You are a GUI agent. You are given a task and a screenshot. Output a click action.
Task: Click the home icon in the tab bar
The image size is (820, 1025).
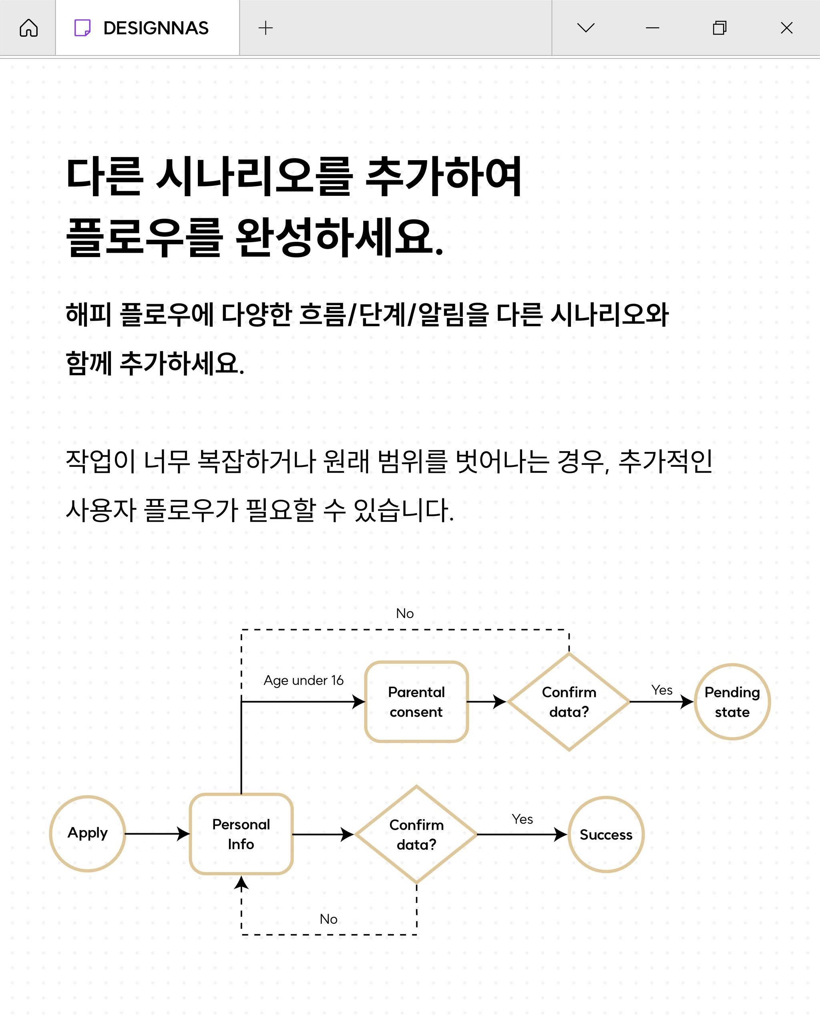point(28,28)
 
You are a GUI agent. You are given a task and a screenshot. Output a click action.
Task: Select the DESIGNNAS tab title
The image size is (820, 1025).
point(156,28)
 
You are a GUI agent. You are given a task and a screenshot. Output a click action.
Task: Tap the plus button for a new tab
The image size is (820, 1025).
point(266,28)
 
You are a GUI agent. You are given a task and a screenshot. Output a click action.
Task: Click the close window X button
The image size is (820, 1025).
point(787,28)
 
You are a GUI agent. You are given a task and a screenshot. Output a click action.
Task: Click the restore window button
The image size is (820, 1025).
point(720,28)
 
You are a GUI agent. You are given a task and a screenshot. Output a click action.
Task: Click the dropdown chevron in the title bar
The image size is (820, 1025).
point(586,28)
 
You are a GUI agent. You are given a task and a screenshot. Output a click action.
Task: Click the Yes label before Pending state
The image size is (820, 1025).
point(662,690)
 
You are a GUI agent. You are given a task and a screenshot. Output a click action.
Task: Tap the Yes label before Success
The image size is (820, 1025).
point(523,819)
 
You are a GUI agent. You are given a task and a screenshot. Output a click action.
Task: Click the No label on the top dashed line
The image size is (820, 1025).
point(405,613)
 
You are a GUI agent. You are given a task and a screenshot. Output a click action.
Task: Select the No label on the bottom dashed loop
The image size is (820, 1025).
point(328,919)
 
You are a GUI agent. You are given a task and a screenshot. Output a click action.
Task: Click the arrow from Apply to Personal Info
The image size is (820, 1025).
point(157,833)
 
